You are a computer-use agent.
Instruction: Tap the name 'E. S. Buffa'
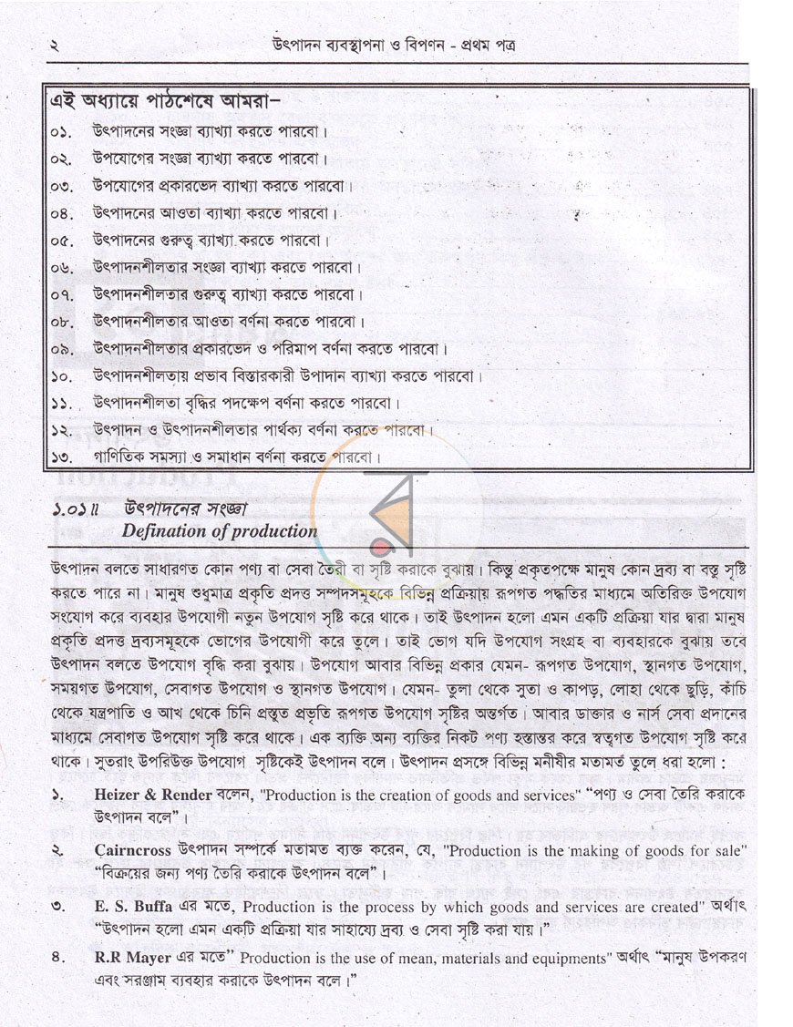click(x=134, y=908)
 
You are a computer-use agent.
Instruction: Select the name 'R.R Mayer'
click(x=132, y=960)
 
